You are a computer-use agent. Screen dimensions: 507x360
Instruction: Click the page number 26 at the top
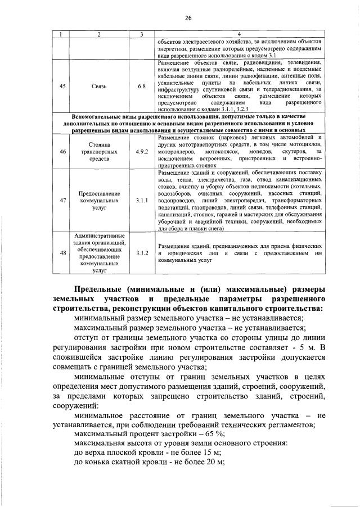187,18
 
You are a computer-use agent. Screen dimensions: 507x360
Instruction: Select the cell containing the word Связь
98,87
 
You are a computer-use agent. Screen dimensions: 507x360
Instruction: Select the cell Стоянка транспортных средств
98,152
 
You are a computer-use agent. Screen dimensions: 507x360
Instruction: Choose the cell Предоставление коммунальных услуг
98,200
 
